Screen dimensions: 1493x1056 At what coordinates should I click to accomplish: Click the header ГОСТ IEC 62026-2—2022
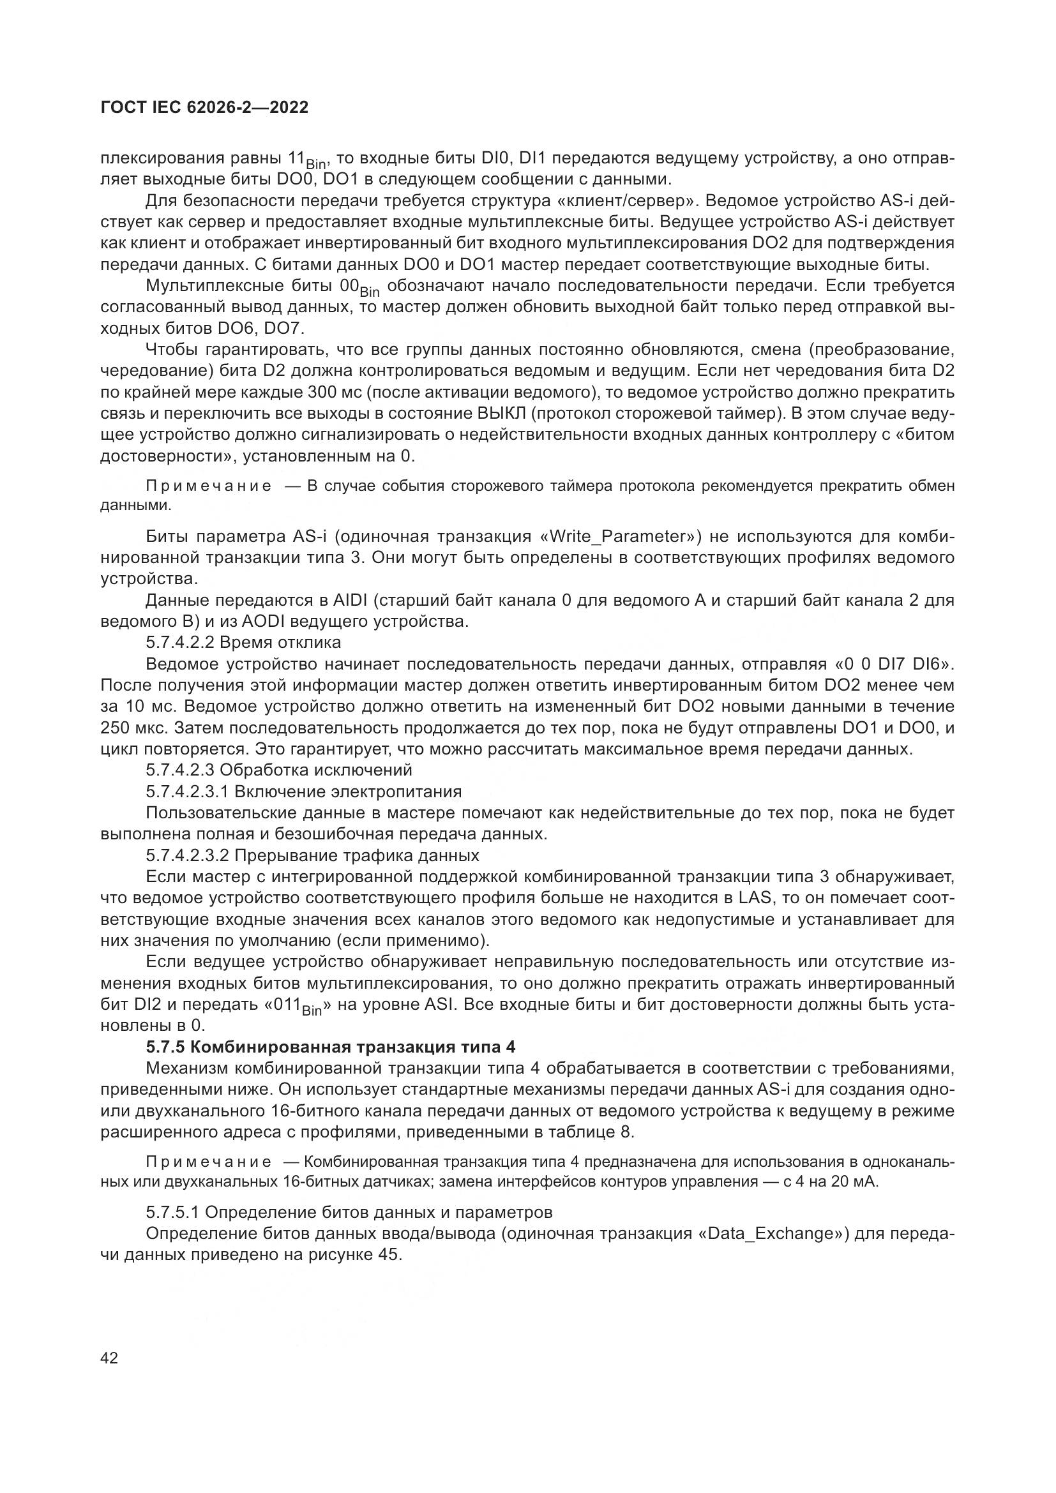(204, 108)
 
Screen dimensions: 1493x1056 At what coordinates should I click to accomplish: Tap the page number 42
(109, 1358)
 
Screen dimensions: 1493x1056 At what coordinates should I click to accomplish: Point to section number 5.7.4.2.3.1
(186, 792)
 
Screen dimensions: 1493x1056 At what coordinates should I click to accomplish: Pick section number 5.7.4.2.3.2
(186, 856)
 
